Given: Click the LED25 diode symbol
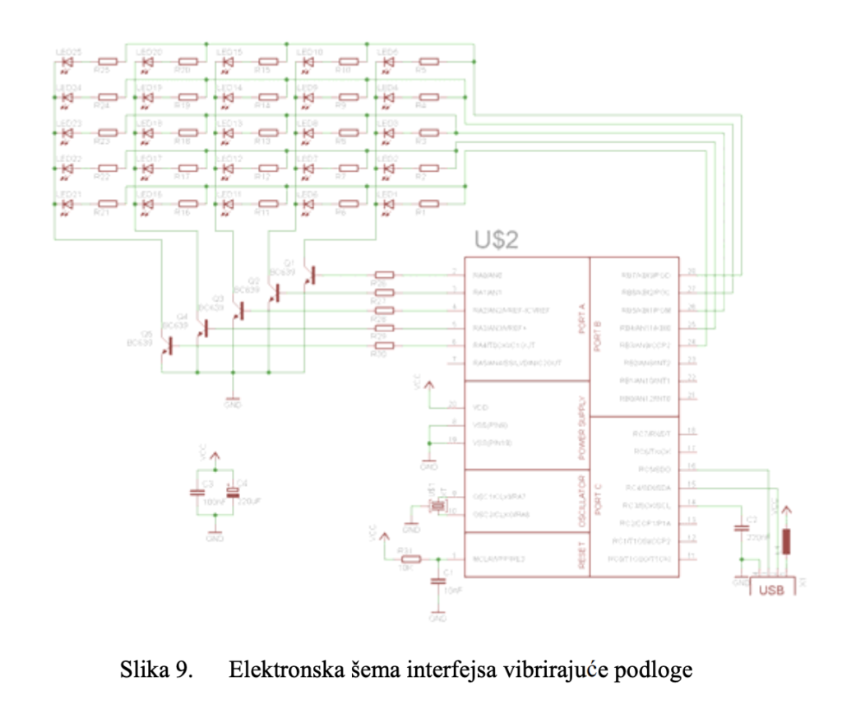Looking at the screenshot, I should (68, 61).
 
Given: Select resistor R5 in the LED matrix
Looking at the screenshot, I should (428, 61).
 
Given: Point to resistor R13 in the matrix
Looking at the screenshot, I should (266, 132).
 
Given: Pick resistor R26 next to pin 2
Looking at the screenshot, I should (384, 276).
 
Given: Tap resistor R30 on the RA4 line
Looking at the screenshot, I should (384, 345).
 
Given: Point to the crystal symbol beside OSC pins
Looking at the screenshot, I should (437, 507).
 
